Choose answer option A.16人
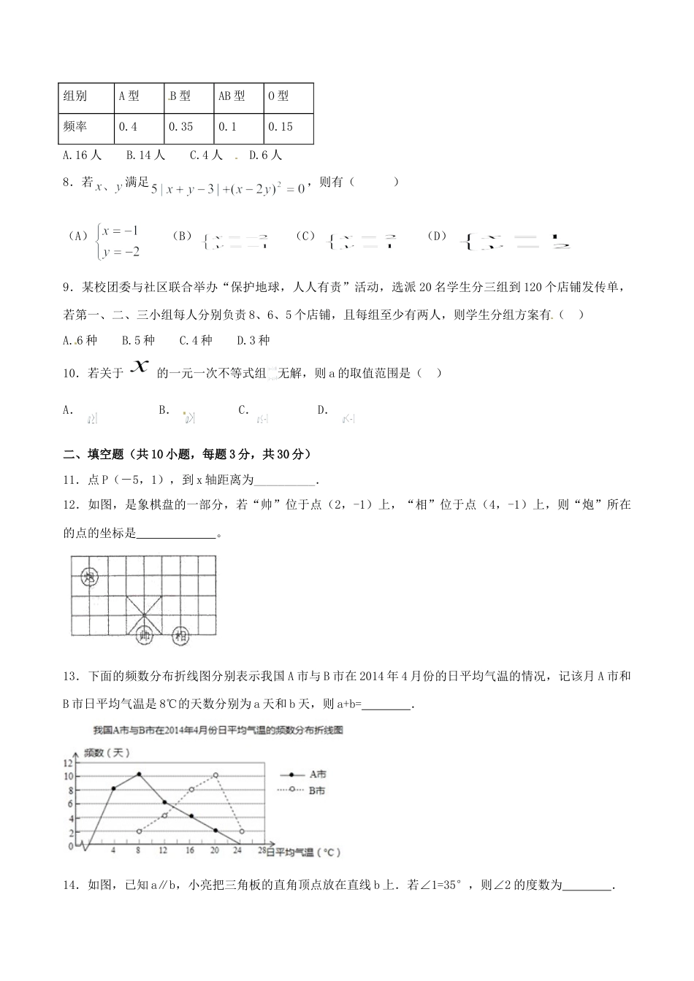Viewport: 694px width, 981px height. point(83,155)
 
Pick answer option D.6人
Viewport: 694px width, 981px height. point(265,155)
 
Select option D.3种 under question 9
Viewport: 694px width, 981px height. point(253,340)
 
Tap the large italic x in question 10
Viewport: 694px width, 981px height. point(139,369)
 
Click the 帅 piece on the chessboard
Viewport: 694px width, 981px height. point(145,635)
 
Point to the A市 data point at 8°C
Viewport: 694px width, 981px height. point(139,774)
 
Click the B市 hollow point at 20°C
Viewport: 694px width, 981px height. point(216,775)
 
